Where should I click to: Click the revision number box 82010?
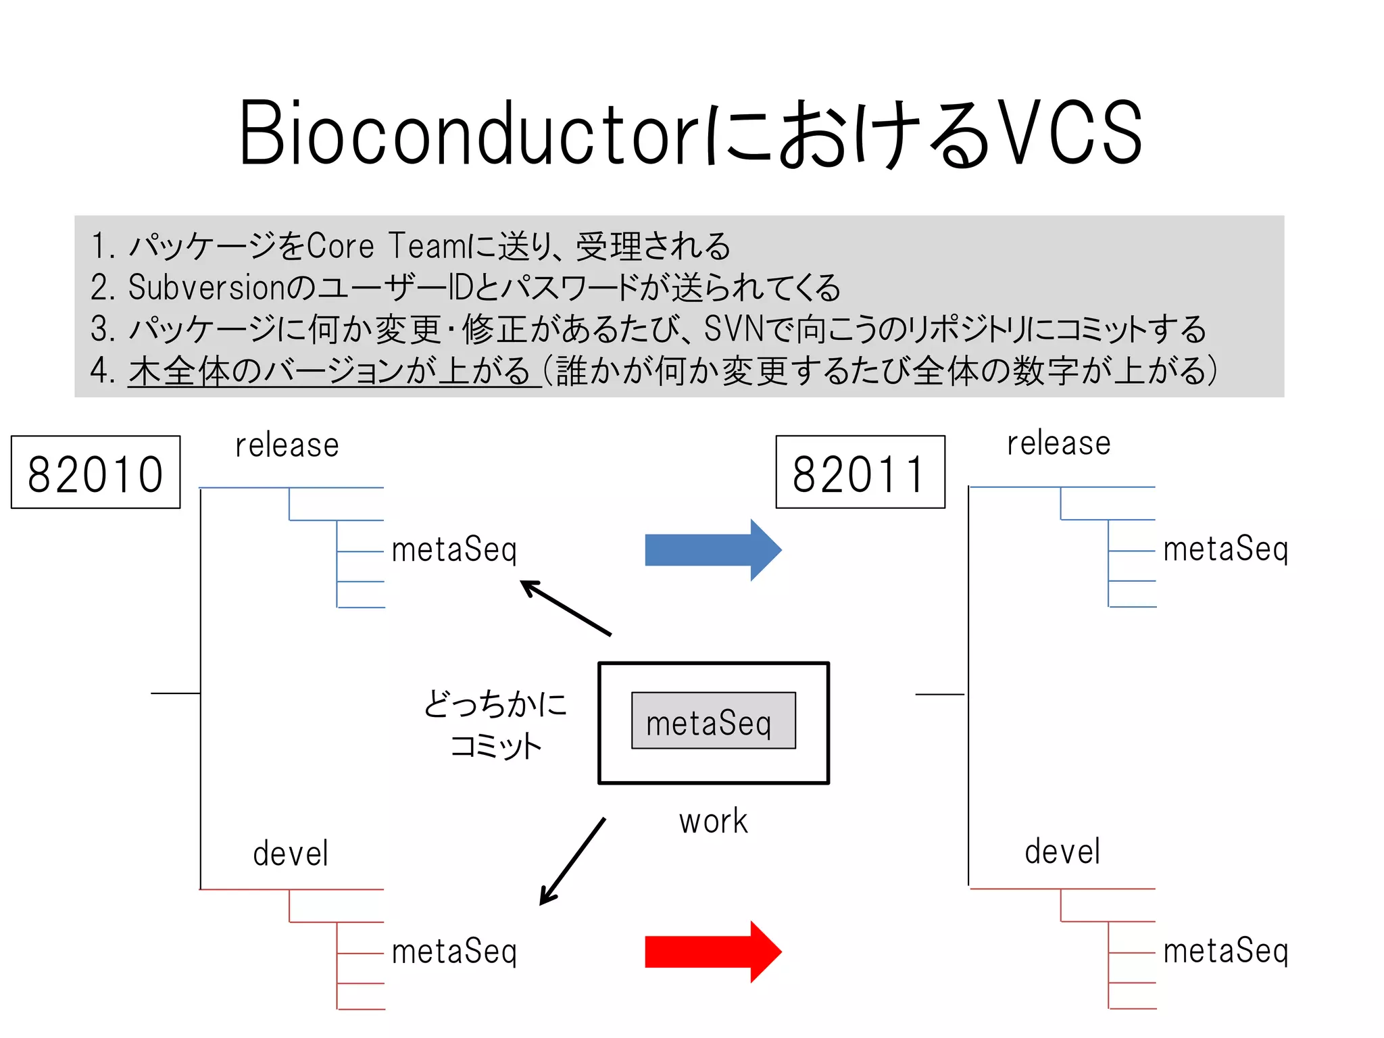[x=95, y=472]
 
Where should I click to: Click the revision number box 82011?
[x=860, y=472]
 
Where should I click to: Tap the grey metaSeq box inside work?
[x=713, y=721]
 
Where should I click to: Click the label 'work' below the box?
[x=713, y=822]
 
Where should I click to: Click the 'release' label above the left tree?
[x=287, y=445]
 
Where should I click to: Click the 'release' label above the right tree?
[x=1058, y=444]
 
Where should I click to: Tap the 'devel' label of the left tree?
[x=291, y=854]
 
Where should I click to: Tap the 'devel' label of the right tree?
[x=1062, y=851]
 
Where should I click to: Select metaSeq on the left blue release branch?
[x=454, y=549]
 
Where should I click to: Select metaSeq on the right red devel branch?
[x=1225, y=951]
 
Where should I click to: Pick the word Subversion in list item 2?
[x=206, y=287]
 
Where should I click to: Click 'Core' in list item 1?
[x=340, y=246]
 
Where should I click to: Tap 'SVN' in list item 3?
[x=733, y=329]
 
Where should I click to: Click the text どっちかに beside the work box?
[x=495, y=703]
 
